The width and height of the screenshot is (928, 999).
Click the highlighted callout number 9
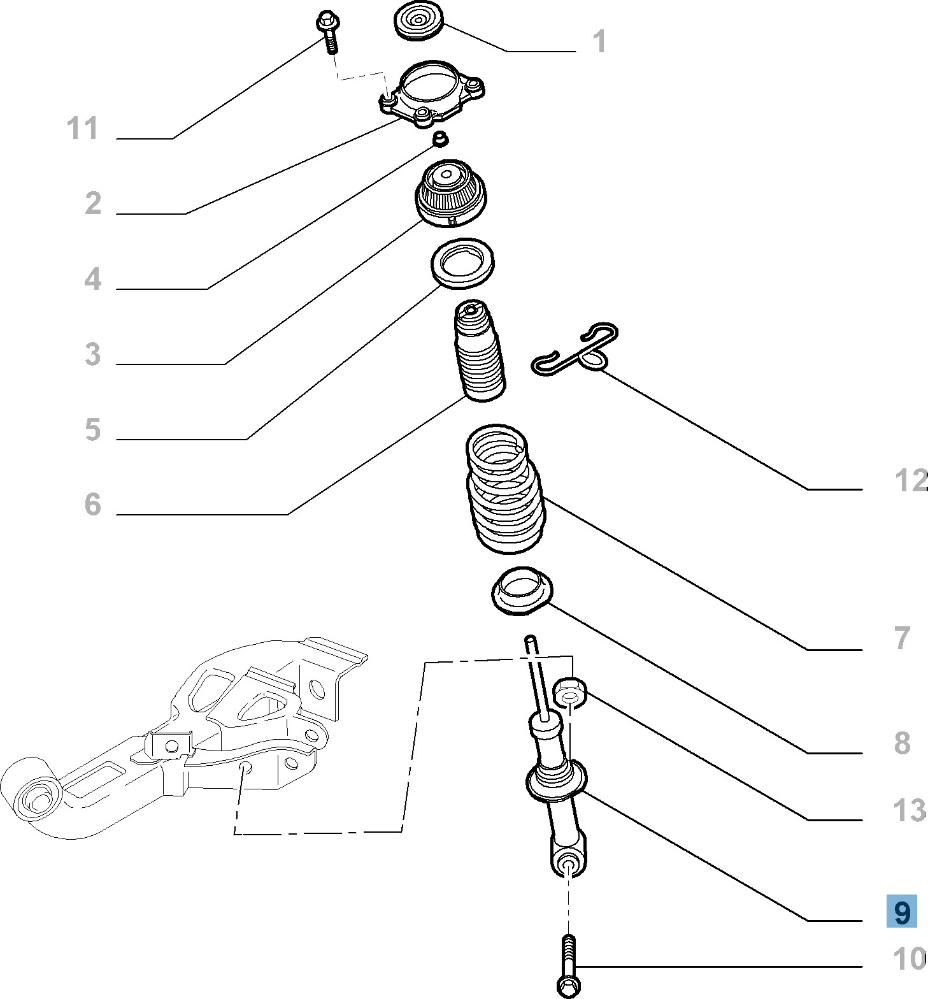[902, 912]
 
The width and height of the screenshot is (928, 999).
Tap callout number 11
[83, 128]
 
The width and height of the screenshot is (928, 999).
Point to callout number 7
[902, 638]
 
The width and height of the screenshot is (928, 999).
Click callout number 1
[599, 42]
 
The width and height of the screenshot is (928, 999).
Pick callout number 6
[93, 504]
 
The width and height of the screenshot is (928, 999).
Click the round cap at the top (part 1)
[418, 22]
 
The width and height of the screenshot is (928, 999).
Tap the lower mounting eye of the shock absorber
[569, 865]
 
